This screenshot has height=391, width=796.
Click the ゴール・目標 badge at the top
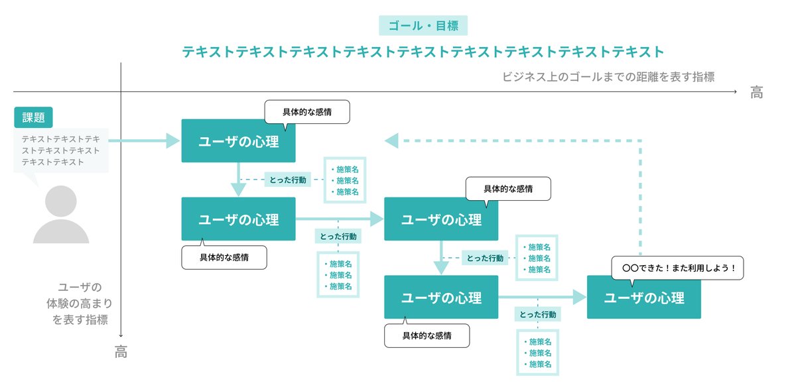tap(423, 25)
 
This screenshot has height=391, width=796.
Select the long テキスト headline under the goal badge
tap(423, 52)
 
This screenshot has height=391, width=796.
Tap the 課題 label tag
tap(33, 117)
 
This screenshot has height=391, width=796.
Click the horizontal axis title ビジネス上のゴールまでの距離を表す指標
tap(608, 76)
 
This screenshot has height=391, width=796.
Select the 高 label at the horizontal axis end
tap(756, 93)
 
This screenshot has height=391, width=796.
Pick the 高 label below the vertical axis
tap(121, 353)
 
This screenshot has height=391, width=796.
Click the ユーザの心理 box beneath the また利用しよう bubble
tap(643, 298)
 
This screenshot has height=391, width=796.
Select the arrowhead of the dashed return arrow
tap(391, 140)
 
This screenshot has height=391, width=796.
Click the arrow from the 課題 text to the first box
tap(143, 140)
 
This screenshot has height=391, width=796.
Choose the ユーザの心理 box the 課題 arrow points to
tap(238, 141)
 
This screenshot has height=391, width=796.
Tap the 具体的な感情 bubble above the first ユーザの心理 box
tap(306, 112)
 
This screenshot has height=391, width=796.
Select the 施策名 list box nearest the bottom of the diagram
tap(537, 353)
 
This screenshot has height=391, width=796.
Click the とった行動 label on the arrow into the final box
tap(537, 314)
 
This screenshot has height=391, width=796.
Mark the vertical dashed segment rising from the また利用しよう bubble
tap(641, 199)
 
